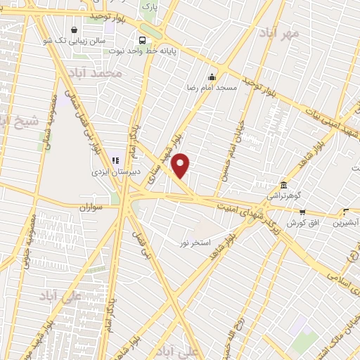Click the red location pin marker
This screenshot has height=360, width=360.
(181, 166)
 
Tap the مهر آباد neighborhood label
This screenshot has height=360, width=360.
(278, 34)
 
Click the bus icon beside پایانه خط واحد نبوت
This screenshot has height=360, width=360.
(143, 39)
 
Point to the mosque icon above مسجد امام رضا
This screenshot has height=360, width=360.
(211, 77)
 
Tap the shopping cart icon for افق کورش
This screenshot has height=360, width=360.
(302, 212)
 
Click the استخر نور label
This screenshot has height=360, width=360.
(195, 243)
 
